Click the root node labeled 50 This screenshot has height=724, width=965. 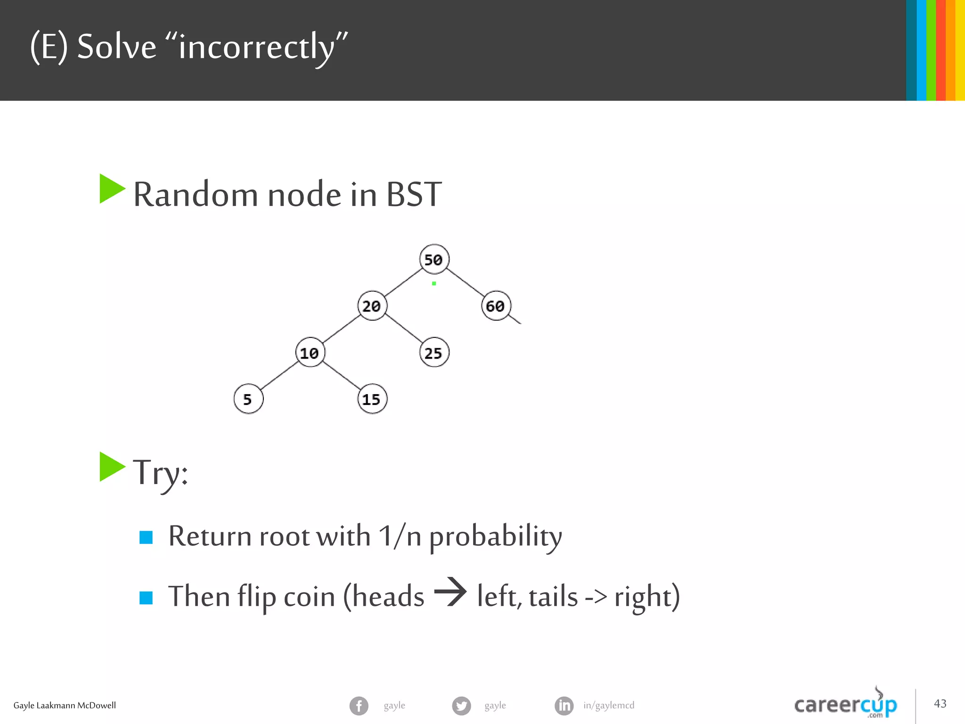click(x=434, y=259)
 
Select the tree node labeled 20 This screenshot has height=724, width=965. click(x=372, y=306)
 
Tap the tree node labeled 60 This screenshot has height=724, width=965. click(x=495, y=306)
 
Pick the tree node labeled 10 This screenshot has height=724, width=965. click(x=310, y=353)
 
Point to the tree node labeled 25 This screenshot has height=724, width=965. click(x=433, y=353)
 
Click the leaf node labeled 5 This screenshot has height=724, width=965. click(x=248, y=399)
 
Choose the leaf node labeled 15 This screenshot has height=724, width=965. click(x=372, y=399)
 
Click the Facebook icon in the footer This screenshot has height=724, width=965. click(x=359, y=706)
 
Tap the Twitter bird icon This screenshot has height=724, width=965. click(x=461, y=706)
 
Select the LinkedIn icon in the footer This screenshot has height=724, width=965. click(x=564, y=706)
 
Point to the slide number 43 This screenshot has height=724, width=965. click(x=940, y=704)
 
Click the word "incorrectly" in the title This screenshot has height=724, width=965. click(x=256, y=47)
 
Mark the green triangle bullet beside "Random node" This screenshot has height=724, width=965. click(x=112, y=189)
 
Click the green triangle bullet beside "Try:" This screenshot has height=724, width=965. click(x=112, y=467)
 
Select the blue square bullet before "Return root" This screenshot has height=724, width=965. click(x=146, y=537)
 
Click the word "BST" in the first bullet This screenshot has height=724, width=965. click(x=414, y=194)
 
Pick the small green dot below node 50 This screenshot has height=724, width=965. click(x=434, y=283)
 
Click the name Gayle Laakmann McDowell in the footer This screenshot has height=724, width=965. click(x=65, y=706)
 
